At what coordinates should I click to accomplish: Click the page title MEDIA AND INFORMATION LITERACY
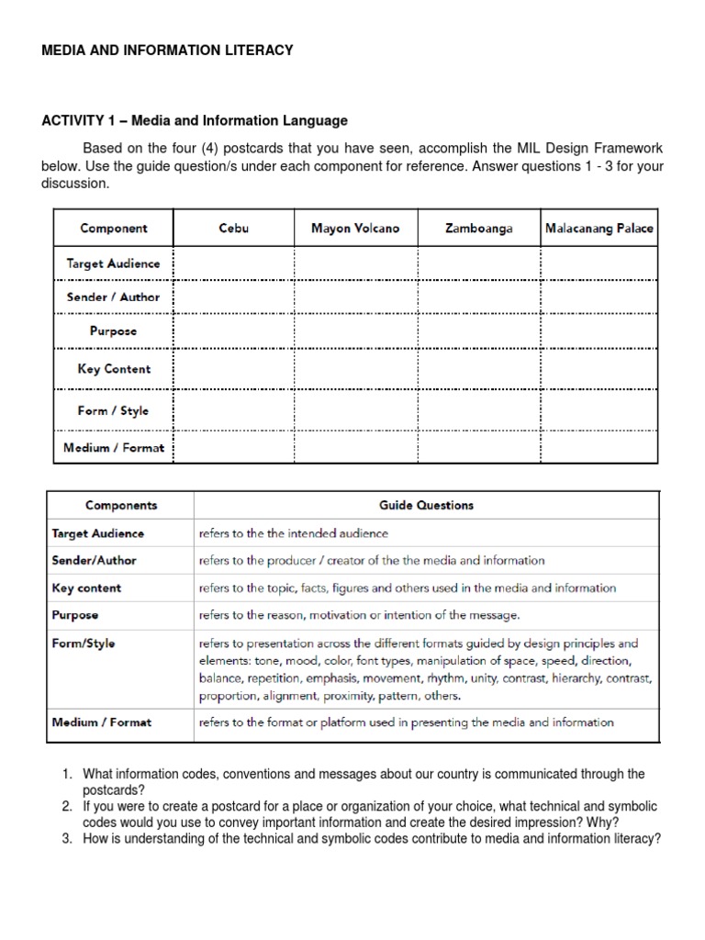167,50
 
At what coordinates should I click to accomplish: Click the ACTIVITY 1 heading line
194,120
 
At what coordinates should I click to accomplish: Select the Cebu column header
233,229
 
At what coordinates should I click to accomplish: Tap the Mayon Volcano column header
355,229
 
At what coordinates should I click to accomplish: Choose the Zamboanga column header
479,229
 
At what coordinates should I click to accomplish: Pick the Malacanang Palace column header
599,229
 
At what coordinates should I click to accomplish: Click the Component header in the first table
113,229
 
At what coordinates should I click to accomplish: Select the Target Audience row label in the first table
113,263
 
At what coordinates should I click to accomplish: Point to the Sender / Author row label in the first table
113,297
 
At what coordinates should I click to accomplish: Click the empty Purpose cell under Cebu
233,331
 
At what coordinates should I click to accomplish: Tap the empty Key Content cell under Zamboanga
479,369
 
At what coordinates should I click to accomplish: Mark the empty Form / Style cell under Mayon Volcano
355,410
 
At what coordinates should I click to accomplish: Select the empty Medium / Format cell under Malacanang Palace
599,448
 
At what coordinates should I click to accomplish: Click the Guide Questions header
426,505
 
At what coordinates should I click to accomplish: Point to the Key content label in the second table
86,587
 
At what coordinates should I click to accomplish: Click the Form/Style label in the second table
84,643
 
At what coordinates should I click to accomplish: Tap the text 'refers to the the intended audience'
293,532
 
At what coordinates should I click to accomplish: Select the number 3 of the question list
67,838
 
